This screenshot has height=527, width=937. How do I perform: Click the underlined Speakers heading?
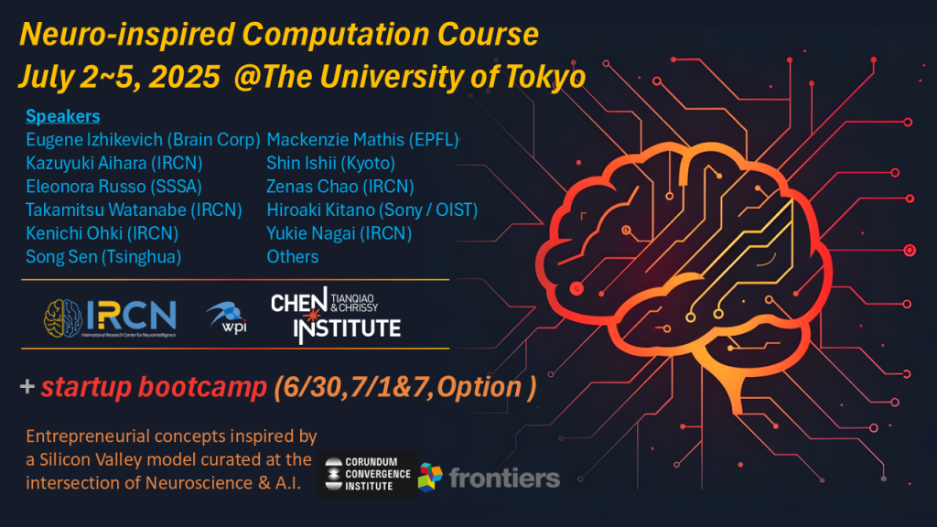point(63,116)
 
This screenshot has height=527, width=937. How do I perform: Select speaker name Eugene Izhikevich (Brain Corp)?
point(143,140)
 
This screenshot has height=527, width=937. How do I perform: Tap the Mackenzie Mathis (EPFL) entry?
point(362,140)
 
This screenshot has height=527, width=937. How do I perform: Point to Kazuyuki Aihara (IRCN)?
point(114,163)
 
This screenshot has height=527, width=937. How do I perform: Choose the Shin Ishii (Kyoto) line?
point(330,163)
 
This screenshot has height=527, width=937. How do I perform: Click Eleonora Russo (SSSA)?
point(113,187)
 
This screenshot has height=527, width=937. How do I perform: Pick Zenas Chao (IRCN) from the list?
point(340,187)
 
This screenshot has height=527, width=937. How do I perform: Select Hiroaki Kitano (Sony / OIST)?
point(372,210)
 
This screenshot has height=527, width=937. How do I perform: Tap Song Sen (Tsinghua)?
point(103,257)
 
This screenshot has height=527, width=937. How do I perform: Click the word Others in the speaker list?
point(292,257)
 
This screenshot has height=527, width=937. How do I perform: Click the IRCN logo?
point(110,317)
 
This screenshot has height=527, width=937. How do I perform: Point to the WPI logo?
point(227,317)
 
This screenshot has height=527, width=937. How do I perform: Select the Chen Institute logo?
point(336,315)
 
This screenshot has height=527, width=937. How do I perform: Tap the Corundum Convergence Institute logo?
point(367,474)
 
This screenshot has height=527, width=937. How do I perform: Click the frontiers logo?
point(489,478)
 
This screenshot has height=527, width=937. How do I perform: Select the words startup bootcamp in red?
point(154,387)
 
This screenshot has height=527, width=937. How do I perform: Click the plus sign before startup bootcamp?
point(27,387)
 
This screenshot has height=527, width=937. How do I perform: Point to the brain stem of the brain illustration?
point(738,388)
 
